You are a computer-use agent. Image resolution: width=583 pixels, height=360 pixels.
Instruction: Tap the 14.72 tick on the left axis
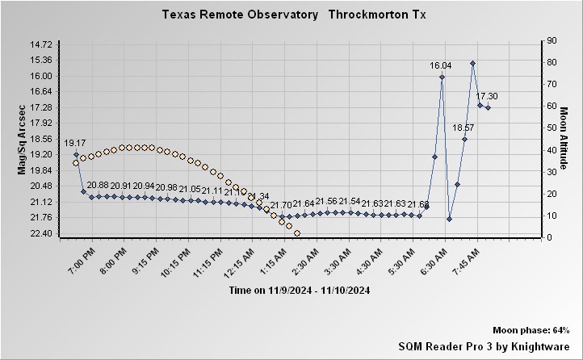(x=40, y=44)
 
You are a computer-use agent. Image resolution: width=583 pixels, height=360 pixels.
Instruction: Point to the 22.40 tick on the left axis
(x=40, y=233)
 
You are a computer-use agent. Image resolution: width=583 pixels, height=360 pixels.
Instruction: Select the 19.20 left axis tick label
(x=40, y=154)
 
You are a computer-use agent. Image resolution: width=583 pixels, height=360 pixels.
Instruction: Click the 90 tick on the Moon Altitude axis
(x=552, y=40)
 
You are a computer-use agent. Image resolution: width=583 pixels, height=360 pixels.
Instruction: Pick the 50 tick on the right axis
(x=552, y=128)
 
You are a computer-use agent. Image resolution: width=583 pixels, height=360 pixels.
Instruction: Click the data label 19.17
(x=75, y=143)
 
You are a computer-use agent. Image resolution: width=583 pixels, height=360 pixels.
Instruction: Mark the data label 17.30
(x=487, y=97)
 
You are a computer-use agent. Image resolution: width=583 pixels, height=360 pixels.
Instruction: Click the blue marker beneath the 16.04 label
(x=442, y=77)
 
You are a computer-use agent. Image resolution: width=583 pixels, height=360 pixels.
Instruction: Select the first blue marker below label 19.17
(x=76, y=154)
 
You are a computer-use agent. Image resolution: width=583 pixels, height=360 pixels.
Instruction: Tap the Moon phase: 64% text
(x=531, y=331)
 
